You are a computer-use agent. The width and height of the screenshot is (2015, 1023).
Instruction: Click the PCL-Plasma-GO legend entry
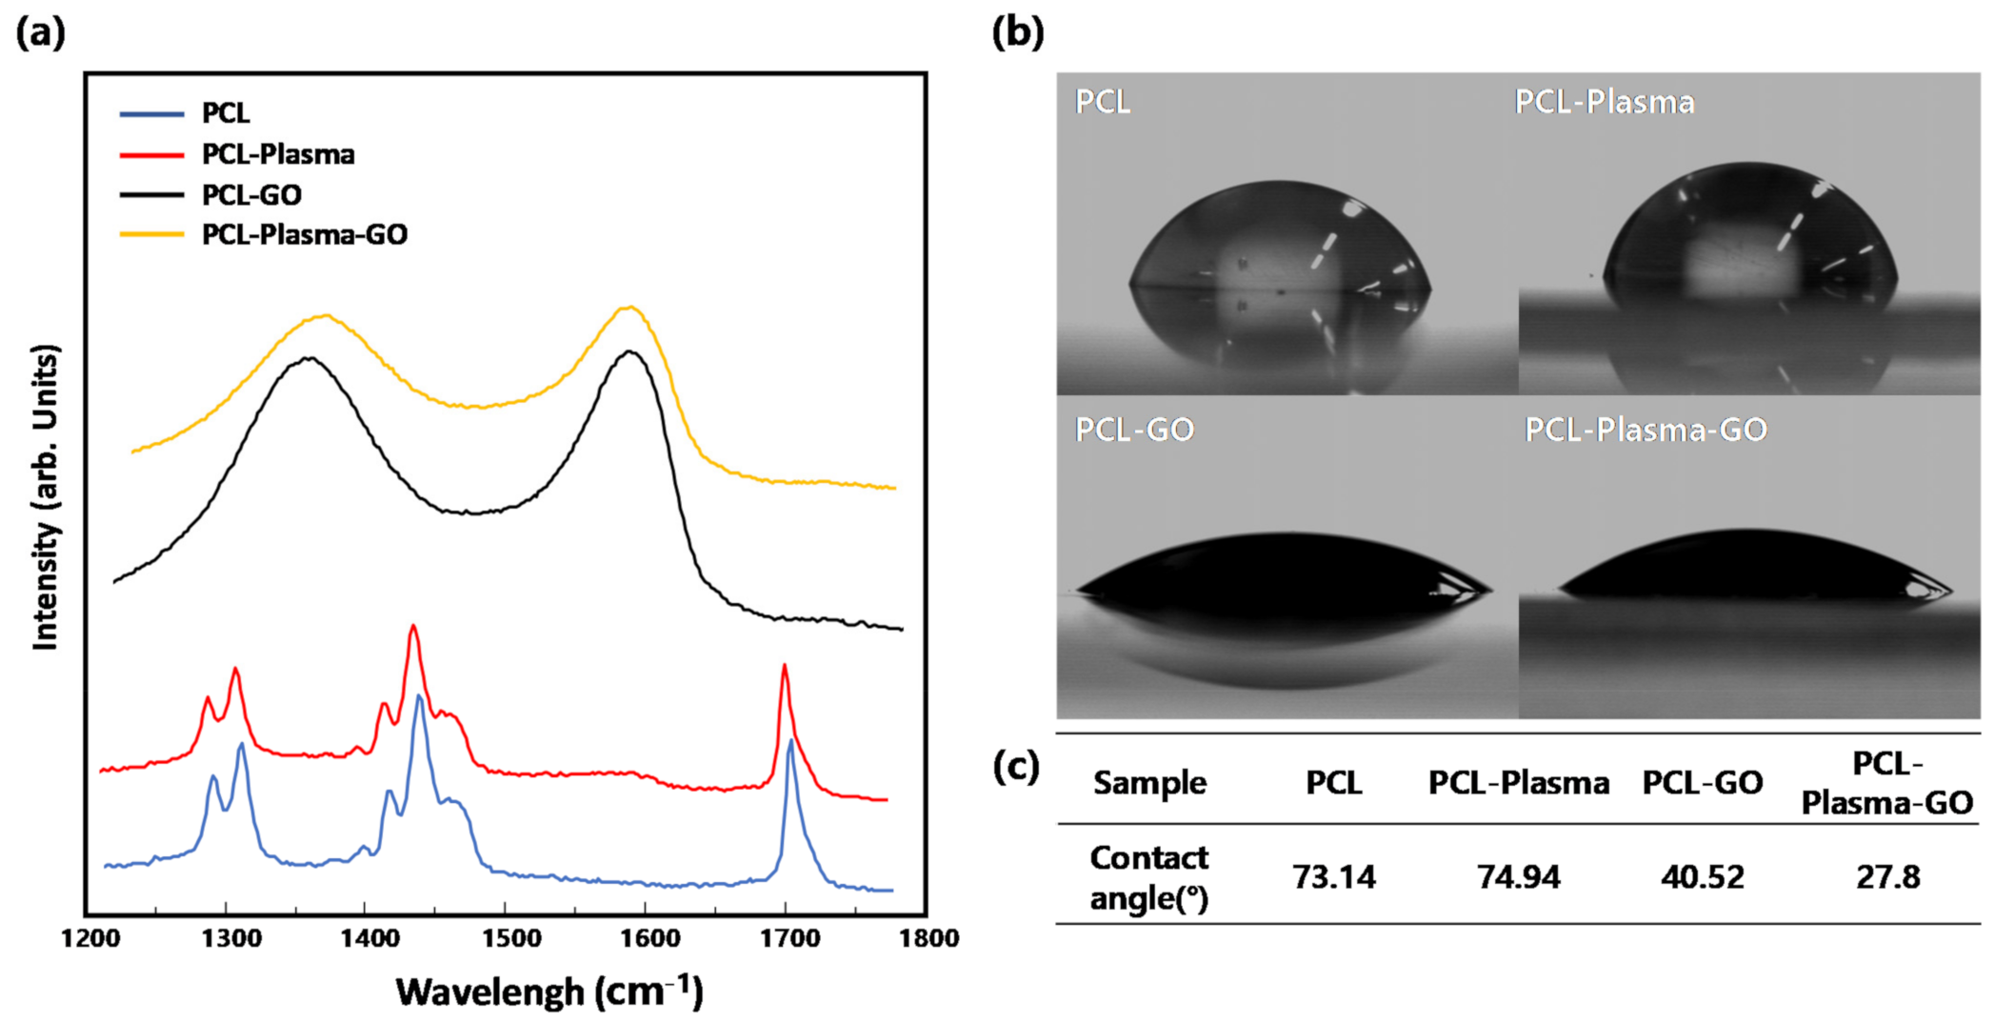click(304, 234)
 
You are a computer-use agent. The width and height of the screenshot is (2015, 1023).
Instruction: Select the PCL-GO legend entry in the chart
click(251, 194)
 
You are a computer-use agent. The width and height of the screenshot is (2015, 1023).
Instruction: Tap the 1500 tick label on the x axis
click(510, 938)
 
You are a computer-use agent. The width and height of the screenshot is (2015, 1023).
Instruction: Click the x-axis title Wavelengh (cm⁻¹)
click(549, 991)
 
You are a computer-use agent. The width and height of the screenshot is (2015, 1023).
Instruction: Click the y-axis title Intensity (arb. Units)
click(46, 497)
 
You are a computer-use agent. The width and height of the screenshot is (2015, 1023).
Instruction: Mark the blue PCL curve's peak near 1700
click(790, 741)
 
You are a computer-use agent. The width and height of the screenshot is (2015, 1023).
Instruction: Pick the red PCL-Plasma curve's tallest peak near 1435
click(412, 627)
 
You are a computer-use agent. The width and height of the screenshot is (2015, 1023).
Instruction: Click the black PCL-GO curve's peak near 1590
click(629, 351)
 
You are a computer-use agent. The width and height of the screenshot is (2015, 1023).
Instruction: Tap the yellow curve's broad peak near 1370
click(326, 315)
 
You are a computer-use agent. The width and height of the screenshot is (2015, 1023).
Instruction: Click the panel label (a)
click(40, 33)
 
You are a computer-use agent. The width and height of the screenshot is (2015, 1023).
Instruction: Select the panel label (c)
click(1015, 765)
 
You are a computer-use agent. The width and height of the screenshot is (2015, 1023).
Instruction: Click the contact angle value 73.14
click(1333, 876)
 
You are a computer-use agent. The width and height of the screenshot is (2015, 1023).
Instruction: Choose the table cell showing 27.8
click(1887, 876)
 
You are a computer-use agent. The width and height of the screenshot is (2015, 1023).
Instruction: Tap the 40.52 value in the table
click(1702, 876)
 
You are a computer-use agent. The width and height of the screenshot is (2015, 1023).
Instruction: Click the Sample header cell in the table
click(1149, 783)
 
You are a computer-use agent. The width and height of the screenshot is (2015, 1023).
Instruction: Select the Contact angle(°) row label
click(1148, 877)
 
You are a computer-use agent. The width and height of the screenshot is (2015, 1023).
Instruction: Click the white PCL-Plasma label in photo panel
click(1604, 102)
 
